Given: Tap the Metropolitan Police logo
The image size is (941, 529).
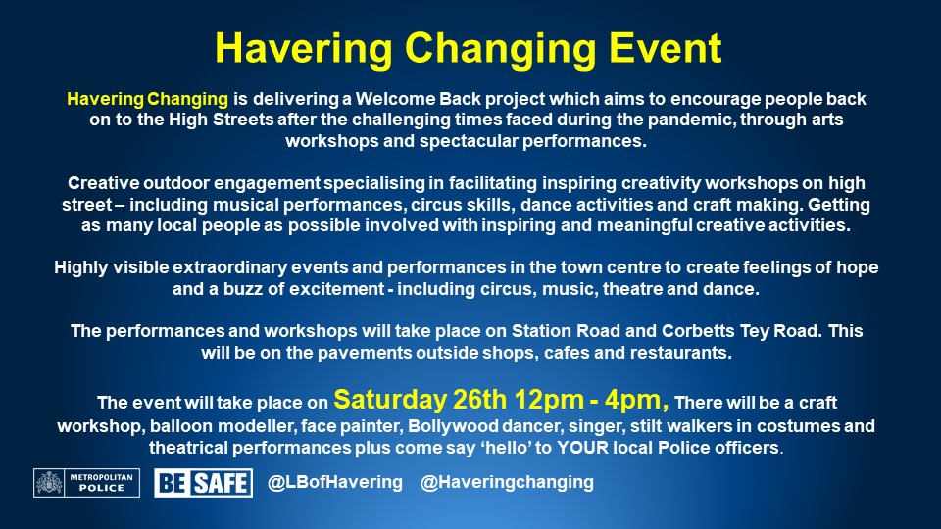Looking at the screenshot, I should (x=86, y=483).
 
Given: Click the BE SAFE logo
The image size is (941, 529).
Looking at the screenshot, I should (x=202, y=483).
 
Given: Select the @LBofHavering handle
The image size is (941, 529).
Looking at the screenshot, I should (x=334, y=483).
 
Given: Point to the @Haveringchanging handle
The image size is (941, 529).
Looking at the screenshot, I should (x=507, y=483).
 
